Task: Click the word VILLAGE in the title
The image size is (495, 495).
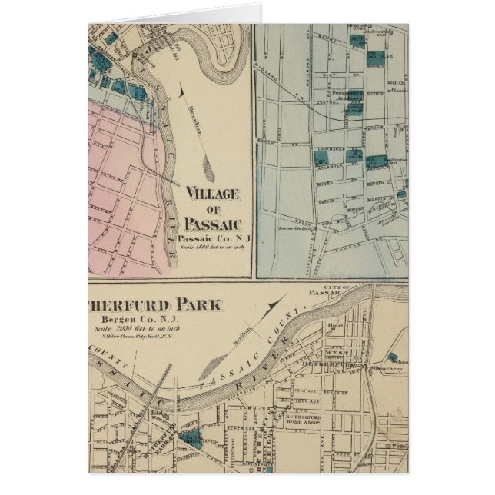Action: pyautogui.click(x=212, y=193)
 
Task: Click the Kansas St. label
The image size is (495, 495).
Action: pyautogui.click(x=350, y=241)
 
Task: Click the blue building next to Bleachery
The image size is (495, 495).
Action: pyautogui.click(x=394, y=357)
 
